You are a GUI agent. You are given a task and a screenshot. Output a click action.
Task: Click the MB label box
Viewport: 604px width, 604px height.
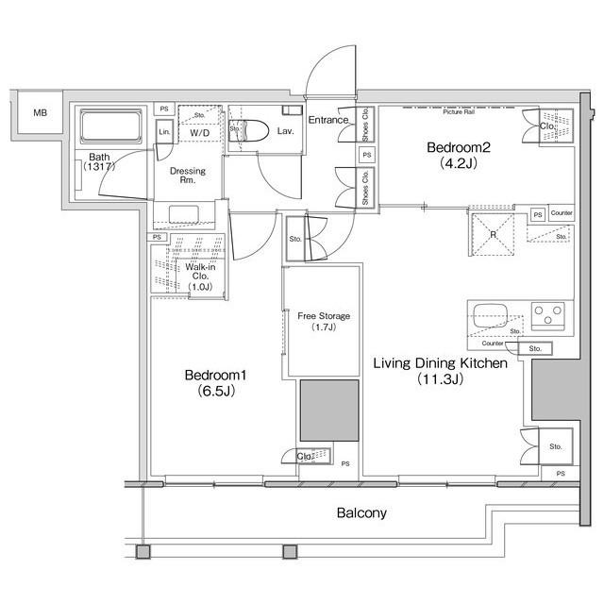pyautogui.click(x=40, y=114)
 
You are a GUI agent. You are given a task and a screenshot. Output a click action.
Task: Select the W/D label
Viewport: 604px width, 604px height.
pyautogui.click(x=200, y=133)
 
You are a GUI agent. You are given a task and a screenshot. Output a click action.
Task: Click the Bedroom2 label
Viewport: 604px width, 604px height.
pyautogui.click(x=455, y=148)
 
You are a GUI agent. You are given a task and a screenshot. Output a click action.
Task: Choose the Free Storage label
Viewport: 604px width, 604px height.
pyautogui.click(x=324, y=315)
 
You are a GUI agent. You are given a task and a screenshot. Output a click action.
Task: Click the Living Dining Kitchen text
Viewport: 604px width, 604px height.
pyautogui.click(x=441, y=363)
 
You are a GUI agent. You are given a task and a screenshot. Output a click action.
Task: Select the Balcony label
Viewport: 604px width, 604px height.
pyautogui.click(x=361, y=514)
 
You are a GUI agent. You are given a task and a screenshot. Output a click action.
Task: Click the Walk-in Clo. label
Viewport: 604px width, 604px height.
pyautogui.click(x=197, y=269)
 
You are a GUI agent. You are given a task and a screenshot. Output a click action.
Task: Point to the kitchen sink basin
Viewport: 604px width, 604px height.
pyautogui.click(x=492, y=313)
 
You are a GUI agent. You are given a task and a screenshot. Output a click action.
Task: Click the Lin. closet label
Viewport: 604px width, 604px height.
pyautogui.click(x=164, y=132)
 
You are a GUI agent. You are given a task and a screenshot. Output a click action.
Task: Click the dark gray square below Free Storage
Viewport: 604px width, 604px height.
pyautogui.click(x=329, y=411)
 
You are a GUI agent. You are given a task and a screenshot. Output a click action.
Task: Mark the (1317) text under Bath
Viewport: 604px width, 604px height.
pyautogui.click(x=98, y=167)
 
